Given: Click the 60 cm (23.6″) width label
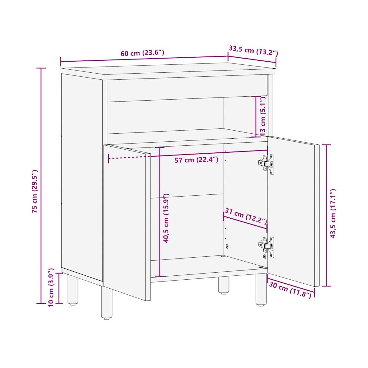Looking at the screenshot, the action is tap(142, 53).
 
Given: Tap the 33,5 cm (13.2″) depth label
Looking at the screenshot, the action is tap(253, 51).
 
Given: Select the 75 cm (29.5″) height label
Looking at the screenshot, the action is tap(35, 191).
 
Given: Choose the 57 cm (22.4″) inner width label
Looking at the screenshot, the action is tap(197, 160).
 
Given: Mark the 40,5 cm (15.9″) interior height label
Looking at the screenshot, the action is tap(166, 218).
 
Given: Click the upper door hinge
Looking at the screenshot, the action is tap(266, 164).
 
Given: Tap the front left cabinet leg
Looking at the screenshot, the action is tap(106, 302).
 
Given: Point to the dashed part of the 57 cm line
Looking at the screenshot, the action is tap(129, 158).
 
